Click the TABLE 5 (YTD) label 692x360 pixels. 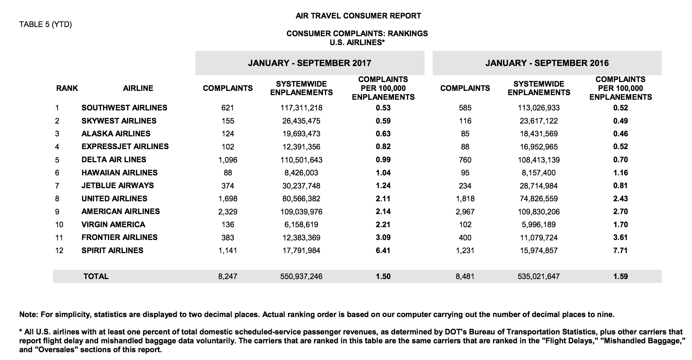click(45, 24)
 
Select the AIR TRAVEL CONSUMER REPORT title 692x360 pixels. click(358, 16)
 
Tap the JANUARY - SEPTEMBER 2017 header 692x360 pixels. click(309, 63)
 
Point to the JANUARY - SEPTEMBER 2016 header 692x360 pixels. click(547, 63)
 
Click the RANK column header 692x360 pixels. click(67, 88)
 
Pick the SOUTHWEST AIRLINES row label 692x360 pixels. click(124, 108)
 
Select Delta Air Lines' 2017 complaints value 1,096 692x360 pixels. click(228, 160)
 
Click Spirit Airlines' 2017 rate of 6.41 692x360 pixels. click(383, 251)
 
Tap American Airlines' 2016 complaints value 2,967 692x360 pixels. click(465, 212)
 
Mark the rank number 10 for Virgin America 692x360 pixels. click(59, 225)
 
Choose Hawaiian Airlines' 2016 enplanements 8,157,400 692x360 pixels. click(539, 173)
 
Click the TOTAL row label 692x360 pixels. click(96, 277)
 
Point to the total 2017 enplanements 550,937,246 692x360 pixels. click(301, 277)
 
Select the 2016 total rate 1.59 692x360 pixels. click(620, 277)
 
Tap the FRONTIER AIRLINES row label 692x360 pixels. click(119, 238)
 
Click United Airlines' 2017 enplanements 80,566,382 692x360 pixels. click(301, 199)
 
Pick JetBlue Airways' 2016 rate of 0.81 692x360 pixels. click(620, 186)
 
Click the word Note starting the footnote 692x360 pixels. click(28, 315)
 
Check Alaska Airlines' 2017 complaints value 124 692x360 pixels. click(228, 134)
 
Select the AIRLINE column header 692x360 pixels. click(138, 88)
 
